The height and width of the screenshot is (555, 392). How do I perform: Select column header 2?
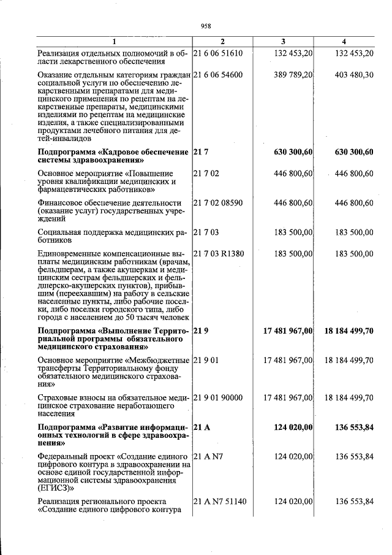[x=223, y=41]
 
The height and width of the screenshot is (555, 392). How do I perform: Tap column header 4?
[x=344, y=41]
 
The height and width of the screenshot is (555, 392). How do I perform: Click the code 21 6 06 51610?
[x=218, y=53]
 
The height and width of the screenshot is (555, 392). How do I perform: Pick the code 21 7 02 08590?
[x=218, y=203]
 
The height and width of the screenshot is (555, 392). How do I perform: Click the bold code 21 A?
[x=202, y=427]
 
